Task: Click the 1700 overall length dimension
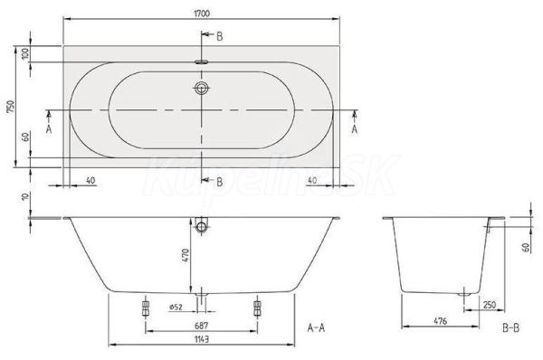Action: pyautogui.click(x=202, y=14)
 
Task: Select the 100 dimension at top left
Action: pyautogui.click(x=26, y=54)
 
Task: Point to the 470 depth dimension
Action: pyautogui.click(x=186, y=255)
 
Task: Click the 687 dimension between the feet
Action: pyautogui.click(x=201, y=326)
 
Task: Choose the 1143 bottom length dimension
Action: pyautogui.click(x=201, y=339)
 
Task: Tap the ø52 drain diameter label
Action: pyautogui.click(x=176, y=307)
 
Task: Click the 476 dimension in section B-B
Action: pyautogui.click(x=441, y=321)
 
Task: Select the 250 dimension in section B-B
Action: pyautogui.click(x=490, y=305)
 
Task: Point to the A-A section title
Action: pyautogui.click(x=316, y=327)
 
